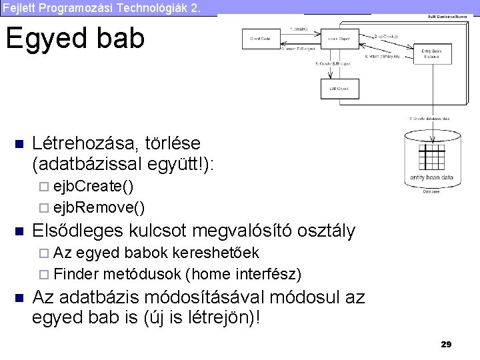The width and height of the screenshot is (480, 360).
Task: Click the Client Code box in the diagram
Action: pos(260,39)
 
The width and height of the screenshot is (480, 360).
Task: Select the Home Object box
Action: pos(339,39)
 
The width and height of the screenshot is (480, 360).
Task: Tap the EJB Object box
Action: pos(339,88)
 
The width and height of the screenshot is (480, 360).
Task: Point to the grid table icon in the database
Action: pos(431,159)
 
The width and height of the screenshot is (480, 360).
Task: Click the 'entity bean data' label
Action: pos(432,177)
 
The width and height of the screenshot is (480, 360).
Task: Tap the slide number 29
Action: pos(446,344)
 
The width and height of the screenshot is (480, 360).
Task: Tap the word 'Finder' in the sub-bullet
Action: pos(76,274)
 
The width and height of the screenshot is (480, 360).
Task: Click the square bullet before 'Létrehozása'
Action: pos(19,144)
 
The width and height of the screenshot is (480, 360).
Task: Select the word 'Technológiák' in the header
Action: pos(150,7)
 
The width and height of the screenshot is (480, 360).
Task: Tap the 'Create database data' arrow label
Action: pos(429,118)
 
